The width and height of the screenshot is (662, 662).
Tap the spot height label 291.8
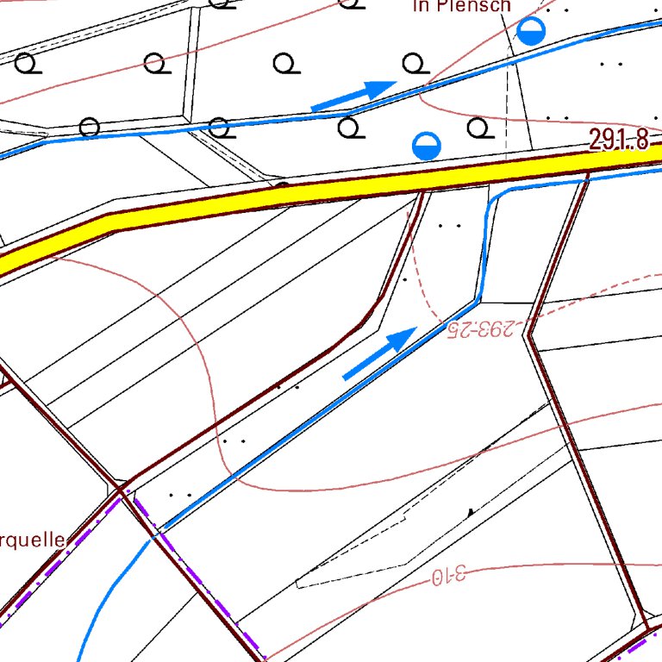619,141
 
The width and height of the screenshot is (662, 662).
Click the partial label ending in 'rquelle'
32,540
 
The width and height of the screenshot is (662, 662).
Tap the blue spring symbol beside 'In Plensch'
532,33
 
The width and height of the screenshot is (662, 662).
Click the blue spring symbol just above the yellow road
426,146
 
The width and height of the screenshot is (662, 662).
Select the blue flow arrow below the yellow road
379,353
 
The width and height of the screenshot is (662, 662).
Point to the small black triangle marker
470,512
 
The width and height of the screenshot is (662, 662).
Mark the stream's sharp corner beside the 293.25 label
479,301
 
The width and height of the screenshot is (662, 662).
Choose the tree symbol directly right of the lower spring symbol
478,128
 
